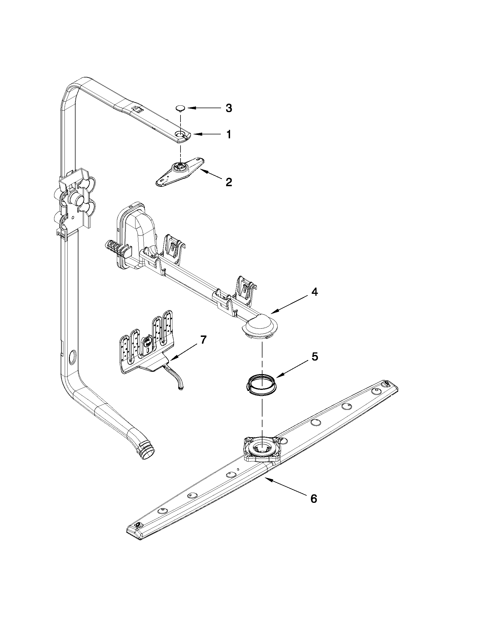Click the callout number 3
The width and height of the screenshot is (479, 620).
pyautogui.click(x=228, y=108)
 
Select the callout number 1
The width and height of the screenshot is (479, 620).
pyautogui.click(x=228, y=134)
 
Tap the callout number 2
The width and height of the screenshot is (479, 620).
pyautogui.click(x=229, y=182)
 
